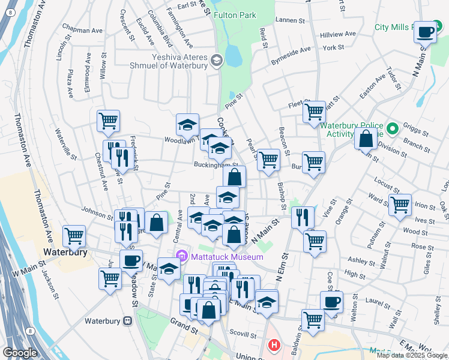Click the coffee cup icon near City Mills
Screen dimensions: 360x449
click(x=426, y=32)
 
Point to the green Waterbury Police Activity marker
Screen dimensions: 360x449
click(x=393, y=129)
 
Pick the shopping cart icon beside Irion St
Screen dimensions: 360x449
click(x=400, y=205)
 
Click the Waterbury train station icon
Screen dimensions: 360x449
click(x=127, y=321)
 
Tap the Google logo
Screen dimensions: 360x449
click(x=20, y=353)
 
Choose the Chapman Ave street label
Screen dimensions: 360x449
click(x=82, y=29)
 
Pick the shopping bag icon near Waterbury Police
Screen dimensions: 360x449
click(x=366, y=139)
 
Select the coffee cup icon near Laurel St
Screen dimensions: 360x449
click(x=331, y=302)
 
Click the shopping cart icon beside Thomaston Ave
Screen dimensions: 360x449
click(x=74, y=236)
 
